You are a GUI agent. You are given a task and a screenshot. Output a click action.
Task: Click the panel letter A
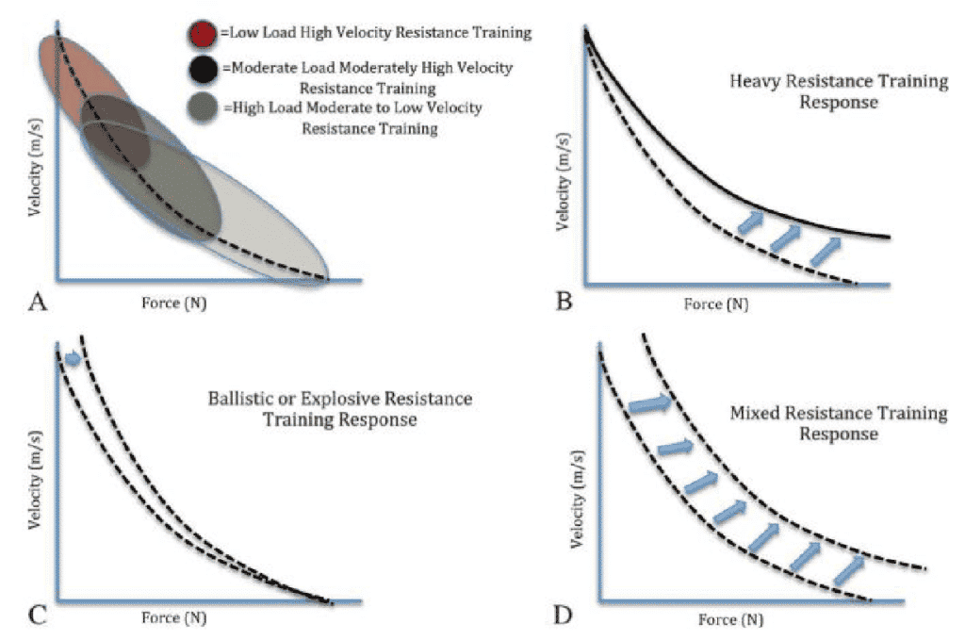39,301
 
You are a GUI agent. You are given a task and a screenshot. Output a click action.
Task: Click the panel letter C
39,617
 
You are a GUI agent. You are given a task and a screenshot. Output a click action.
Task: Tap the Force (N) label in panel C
173,618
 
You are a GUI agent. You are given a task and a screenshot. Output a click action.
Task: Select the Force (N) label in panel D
731,620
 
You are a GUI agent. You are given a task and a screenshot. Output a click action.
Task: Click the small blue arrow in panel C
72,358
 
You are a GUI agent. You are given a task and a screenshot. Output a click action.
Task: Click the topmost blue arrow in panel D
649,403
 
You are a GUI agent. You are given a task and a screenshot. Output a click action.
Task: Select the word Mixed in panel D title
752,414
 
